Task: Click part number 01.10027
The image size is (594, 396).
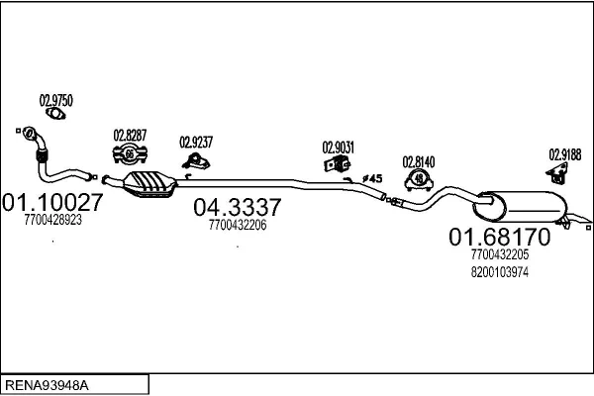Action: pyautogui.click(x=52, y=202)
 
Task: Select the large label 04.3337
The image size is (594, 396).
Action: pyautogui.click(x=238, y=207)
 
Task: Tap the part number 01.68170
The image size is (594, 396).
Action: pyautogui.click(x=499, y=237)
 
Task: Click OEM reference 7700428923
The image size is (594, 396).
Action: pyautogui.click(x=53, y=220)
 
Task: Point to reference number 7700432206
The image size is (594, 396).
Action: pyautogui.click(x=238, y=225)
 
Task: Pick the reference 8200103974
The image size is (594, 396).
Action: pyautogui.click(x=500, y=272)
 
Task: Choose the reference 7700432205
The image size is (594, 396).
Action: pyautogui.click(x=500, y=254)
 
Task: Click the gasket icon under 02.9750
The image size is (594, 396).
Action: pyautogui.click(x=55, y=113)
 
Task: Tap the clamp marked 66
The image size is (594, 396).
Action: pyautogui.click(x=130, y=153)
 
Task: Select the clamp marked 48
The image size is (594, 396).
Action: pyautogui.click(x=419, y=179)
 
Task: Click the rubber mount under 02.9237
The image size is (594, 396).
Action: pyautogui.click(x=196, y=161)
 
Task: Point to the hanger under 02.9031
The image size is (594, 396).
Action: pyautogui.click(x=338, y=163)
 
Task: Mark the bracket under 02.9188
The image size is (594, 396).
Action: pyautogui.click(x=557, y=173)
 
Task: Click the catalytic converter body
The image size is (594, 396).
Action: pyautogui.click(x=150, y=184)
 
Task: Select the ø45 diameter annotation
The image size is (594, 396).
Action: pyautogui.click(x=372, y=178)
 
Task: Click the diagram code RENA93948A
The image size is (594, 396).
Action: pyautogui.click(x=47, y=385)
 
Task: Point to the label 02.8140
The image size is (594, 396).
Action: pyautogui.click(x=419, y=161)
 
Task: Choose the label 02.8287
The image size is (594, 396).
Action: pyautogui.click(x=130, y=136)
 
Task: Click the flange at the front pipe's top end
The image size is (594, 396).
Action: pyautogui.click(x=29, y=133)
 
